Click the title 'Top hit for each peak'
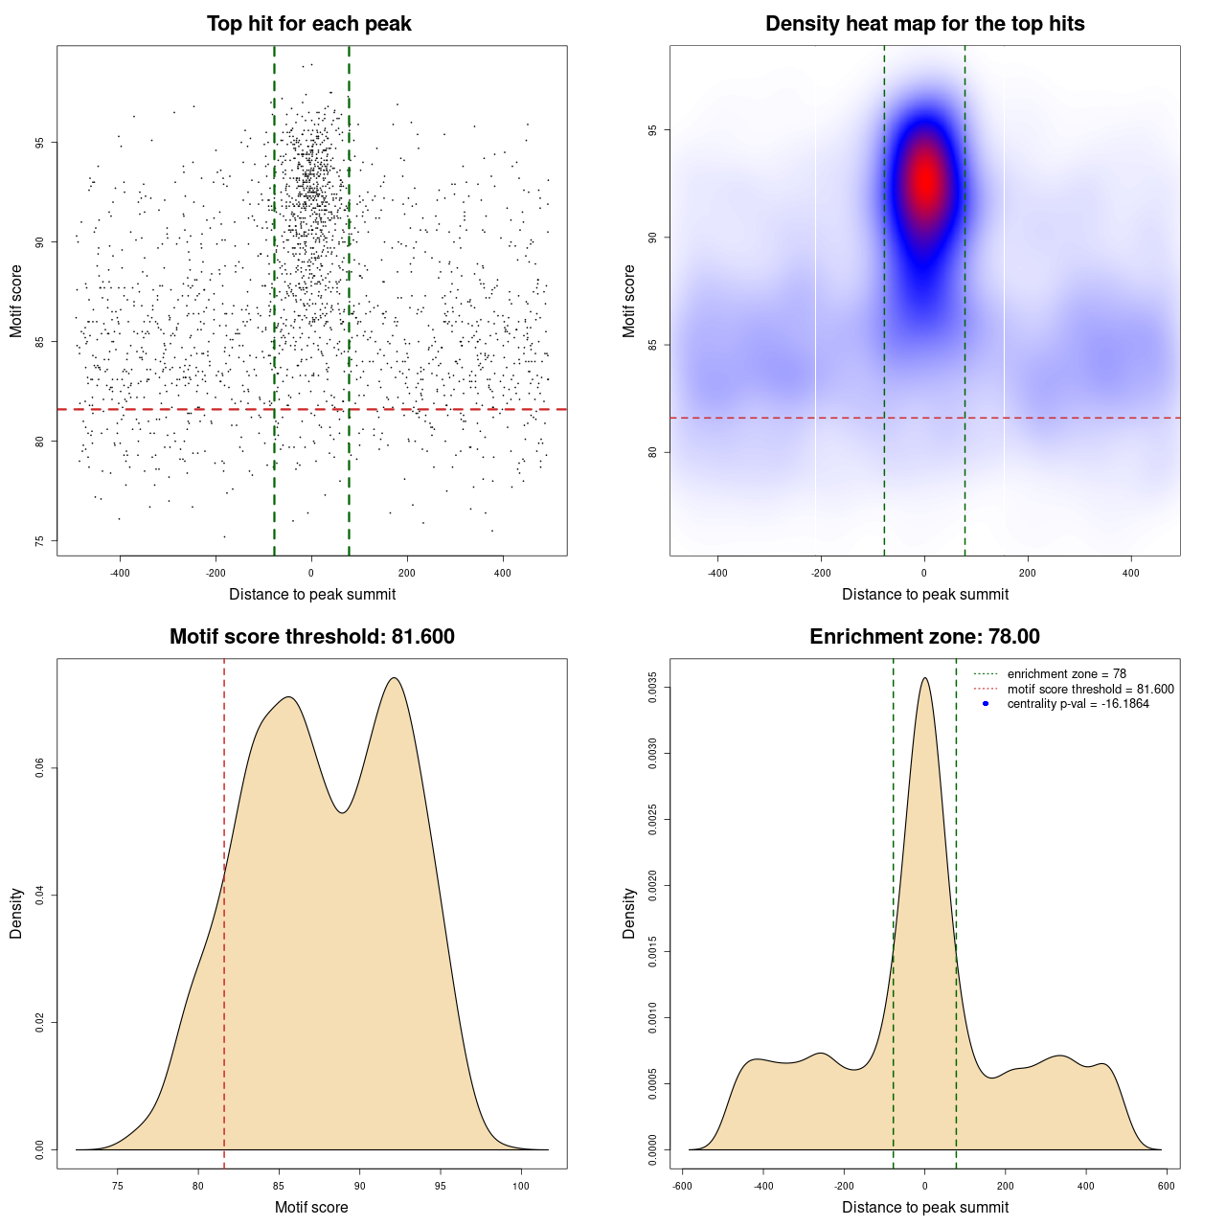pyautogui.click(x=309, y=24)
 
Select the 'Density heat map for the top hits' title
pyautogui.click(x=924, y=24)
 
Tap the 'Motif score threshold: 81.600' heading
pyautogui.click(x=311, y=637)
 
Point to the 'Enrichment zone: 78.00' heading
pyautogui.click(x=924, y=637)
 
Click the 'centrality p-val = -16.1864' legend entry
pyautogui.click(x=1078, y=704)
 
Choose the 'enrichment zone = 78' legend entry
pyautogui.click(x=1066, y=674)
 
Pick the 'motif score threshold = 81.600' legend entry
pyautogui.click(x=1090, y=690)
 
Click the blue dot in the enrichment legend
pyautogui.click(x=986, y=704)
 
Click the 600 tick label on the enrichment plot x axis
pyautogui.click(x=1166, y=1186)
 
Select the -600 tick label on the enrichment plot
pyautogui.click(x=682, y=1186)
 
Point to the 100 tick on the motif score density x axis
pyautogui.click(x=521, y=1186)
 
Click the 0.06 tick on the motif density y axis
pyautogui.click(x=39, y=768)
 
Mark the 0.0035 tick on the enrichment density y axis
pyautogui.click(x=652, y=688)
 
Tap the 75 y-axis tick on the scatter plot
pyautogui.click(x=39, y=541)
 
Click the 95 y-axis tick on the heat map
pyautogui.click(x=652, y=130)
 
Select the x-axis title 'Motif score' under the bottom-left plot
pyautogui.click(x=311, y=1207)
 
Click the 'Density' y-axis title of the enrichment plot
pyautogui.click(x=629, y=913)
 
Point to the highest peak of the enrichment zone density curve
pyautogui.click(x=924, y=678)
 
